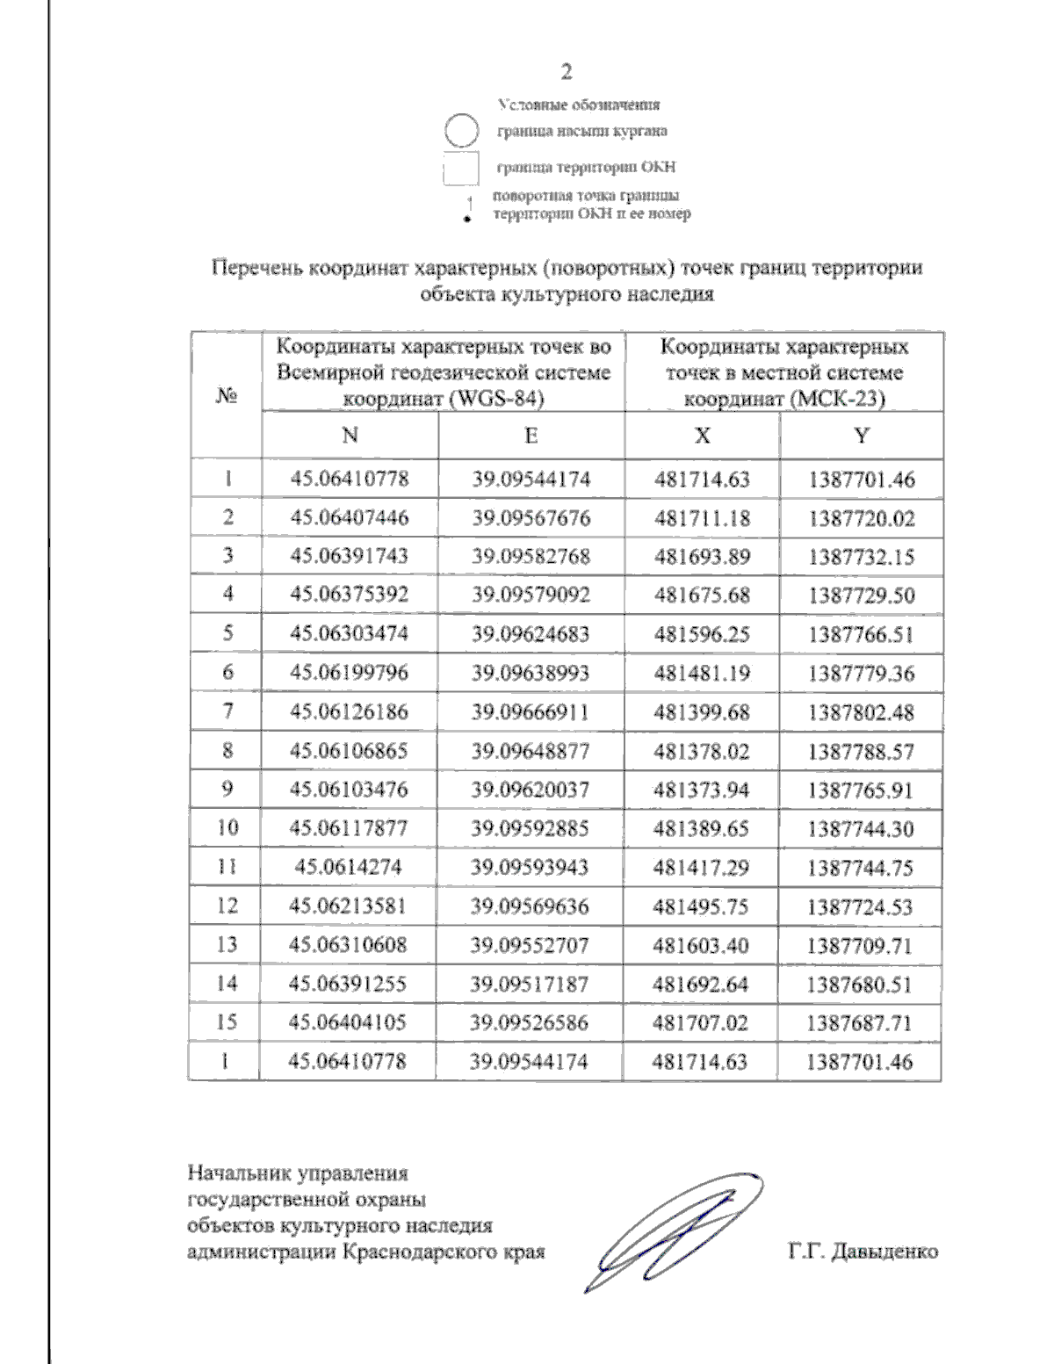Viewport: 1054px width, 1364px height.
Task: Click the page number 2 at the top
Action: click(x=567, y=72)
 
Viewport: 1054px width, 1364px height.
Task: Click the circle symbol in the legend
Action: click(x=460, y=132)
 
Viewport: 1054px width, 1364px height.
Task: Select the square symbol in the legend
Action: click(x=460, y=169)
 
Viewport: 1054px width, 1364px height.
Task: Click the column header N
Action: click(x=350, y=436)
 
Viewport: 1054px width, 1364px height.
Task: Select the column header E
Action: click(x=531, y=436)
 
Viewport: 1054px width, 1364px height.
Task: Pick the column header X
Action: click(x=703, y=436)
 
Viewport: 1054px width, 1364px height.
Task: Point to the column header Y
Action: click(x=862, y=436)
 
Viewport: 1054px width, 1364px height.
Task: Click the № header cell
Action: click(x=226, y=396)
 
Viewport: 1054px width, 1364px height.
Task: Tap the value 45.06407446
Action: click(x=350, y=518)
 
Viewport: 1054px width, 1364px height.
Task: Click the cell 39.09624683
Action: click(x=531, y=634)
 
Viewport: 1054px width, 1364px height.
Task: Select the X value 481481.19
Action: click(x=702, y=674)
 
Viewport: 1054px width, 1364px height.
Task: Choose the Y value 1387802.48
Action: click(x=862, y=712)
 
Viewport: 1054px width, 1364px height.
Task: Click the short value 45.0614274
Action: click(x=349, y=868)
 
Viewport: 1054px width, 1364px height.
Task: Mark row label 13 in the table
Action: click(x=227, y=945)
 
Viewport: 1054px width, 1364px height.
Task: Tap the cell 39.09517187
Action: click(x=530, y=985)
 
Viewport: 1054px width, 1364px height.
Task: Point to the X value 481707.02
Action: click(x=701, y=1023)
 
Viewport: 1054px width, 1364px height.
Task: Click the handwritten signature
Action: click(x=672, y=1230)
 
